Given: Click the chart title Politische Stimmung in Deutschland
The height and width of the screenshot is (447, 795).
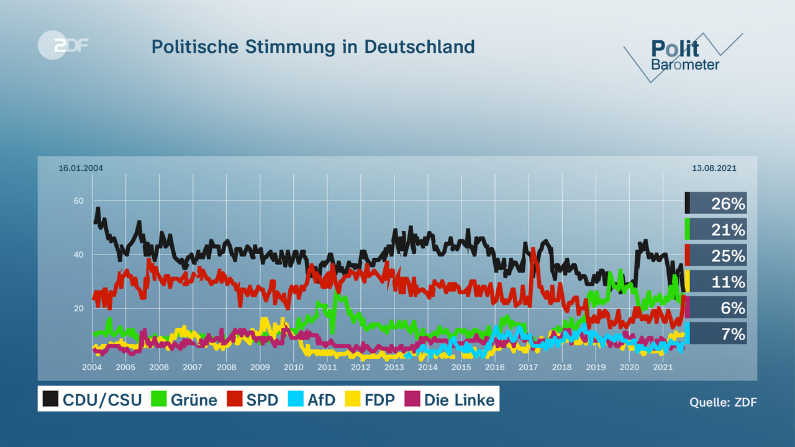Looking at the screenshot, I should coord(313,47).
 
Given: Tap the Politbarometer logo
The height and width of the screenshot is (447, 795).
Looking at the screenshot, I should coord(684,56).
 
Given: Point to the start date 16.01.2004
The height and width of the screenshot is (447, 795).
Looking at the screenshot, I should coord(81,168).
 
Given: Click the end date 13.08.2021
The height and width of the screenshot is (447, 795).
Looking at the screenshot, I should coord(714,168).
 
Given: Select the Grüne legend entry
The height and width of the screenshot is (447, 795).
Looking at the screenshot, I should coord(184,399).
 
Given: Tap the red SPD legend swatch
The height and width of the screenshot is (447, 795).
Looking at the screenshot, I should coord(235,399).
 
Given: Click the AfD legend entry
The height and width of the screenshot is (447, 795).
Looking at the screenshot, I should coord(312,399).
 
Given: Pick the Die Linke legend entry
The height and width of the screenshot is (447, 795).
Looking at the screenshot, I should coord(450,399).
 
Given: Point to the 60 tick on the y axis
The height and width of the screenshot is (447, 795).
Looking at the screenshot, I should coord(78,201).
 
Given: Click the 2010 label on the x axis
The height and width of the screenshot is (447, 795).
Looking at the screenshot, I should coord(293,368).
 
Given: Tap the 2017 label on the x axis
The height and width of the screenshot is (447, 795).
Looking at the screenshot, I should coord(528,368).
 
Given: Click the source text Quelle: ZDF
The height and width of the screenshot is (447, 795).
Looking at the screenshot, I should coord(723,402).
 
